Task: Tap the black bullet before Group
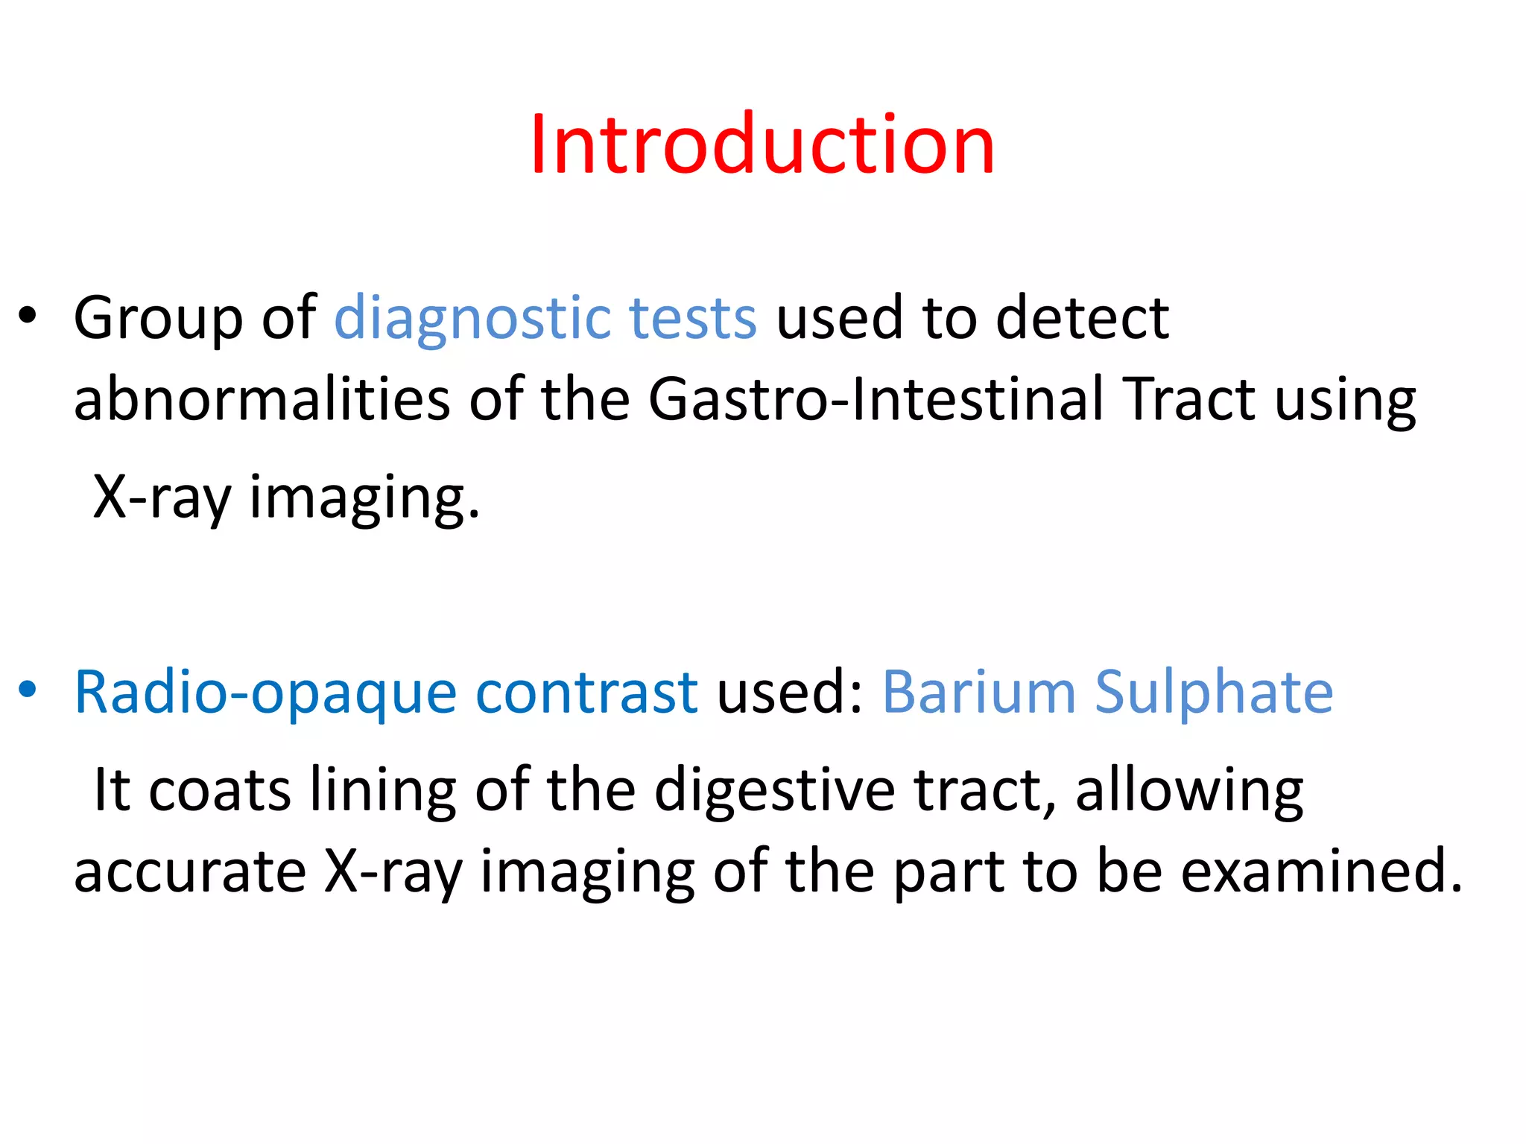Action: pyautogui.click(x=28, y=316)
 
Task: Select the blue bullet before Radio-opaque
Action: pyautogui.click(x=28, y=690)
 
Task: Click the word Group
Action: pyautogui.click(x=157, y=319)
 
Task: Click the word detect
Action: pyautogui.click(x=1082, y=319)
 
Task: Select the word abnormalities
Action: pyautogui.click(x=262, y=399)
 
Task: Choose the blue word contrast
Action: pyautogui.click(x=586, y=693)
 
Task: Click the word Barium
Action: pyautogui.click(x=979, y=693)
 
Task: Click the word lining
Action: pyautogui.click(x=382, y=791)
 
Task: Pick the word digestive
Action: pyautogui.click(x=774, y=791)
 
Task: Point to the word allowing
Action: pyautogui.click(x=1189, y=791)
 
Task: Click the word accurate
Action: pyautogui.click(x=190, y=871)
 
